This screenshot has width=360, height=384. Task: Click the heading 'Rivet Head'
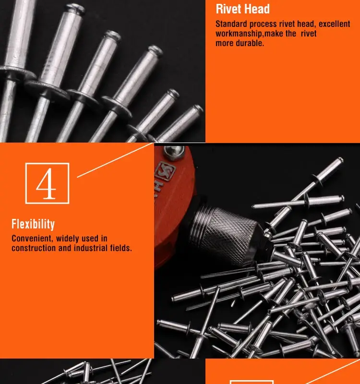coord(242,9)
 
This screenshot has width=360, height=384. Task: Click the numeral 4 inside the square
coord(47,184)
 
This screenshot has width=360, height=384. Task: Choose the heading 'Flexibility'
coord(33,224)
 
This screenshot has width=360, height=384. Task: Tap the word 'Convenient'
coord(32,239)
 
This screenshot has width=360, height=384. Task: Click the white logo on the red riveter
coord(162,169)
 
